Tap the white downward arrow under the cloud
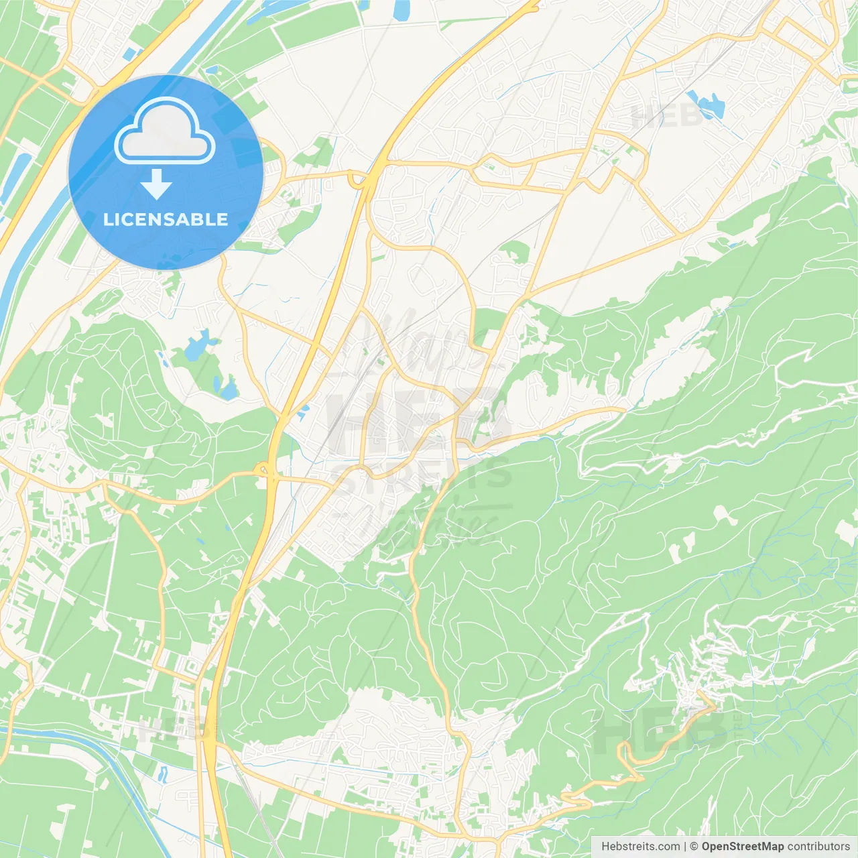tap(157, 184)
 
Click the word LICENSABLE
tap(166, 219)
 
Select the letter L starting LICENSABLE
tap(108, 219)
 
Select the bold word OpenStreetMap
tap(742, 847)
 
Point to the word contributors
tap(818, 847)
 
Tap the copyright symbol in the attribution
tap(694, 847)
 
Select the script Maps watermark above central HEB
tap(422, 342)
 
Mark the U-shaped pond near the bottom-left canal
tap(162, 774)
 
